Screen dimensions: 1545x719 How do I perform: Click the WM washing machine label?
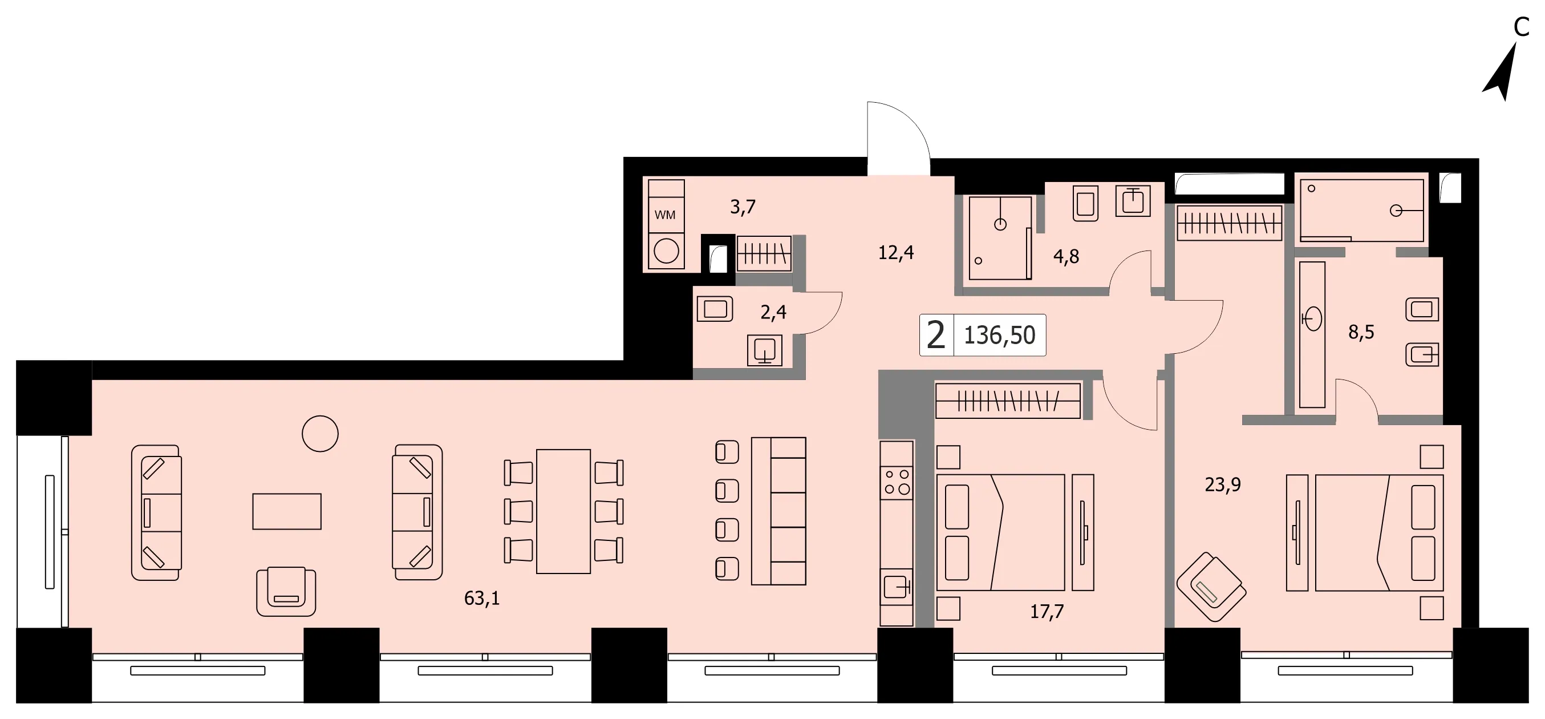pyautogui.click(x=664, y=215)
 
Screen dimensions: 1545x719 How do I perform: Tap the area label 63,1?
pyautogui.click(x=481, y=599)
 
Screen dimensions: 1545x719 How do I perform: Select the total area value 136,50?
pyautogui.click(x=999, y=336)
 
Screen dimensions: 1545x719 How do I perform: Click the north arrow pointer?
pyautogui.click(x=1501, y=73)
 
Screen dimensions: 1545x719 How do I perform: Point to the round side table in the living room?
pyautogui.click(x=320, y=433)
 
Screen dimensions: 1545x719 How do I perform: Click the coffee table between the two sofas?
pyautogui.click(x=287, y=511)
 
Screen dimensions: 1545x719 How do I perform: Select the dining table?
pyautogui.click(x=563, y=511)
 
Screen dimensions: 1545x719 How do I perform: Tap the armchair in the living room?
pyautogui.click(x=286, y=592)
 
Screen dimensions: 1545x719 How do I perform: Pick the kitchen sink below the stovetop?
pyautogui.click(x=897, y=587)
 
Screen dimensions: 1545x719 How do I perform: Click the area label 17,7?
pyautogui.click(x=1047, y=612)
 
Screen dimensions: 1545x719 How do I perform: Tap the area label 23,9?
pyautogui.click(x=1222, y=484)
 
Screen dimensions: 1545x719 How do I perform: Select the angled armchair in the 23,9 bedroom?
pyautogui.click(x=1211, y=587)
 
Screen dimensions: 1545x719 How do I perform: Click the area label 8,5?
pyautogui.click(x=1361, y=332)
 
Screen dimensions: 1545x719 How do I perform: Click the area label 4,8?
pyautogui.click(x=1066, y=256)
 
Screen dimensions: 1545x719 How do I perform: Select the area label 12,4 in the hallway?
pyautogui.click(x=896, y=253)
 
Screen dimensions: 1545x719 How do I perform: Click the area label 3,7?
pyautogui.click(x=743, y=207)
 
